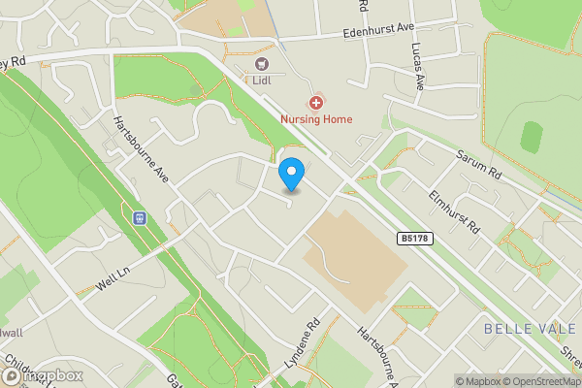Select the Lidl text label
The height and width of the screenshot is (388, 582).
click(x=261, y=80)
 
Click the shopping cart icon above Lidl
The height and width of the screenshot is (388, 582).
click(x=261, y=64)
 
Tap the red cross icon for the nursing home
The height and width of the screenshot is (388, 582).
click(x=316, y=102)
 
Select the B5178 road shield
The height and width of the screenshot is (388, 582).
click(x=414, y=238)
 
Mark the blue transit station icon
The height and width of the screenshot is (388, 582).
click(x=141, y=217)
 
